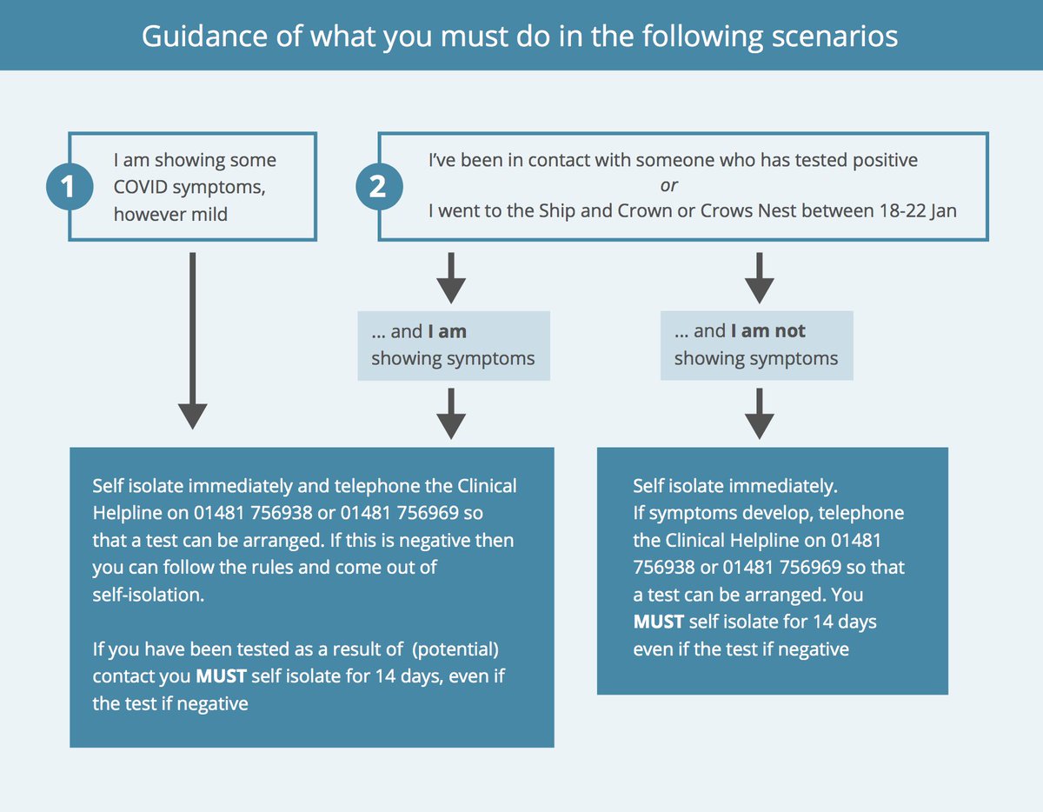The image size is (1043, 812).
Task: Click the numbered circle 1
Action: pos(70,187)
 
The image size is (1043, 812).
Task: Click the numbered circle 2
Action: pos(378,187)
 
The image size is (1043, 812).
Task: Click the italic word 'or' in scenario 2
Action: pos(668,185)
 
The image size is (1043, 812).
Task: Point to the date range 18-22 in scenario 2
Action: pos(891,211)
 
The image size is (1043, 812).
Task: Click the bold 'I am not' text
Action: pos(767,331)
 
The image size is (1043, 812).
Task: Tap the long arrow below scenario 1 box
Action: pos(192,339)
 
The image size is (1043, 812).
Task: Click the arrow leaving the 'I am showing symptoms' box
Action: pos(451,413)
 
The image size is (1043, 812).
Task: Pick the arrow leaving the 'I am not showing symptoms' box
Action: pos(760,413)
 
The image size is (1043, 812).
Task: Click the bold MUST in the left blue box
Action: pos(221,676)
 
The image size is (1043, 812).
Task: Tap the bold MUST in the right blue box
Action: pos(658,622)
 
